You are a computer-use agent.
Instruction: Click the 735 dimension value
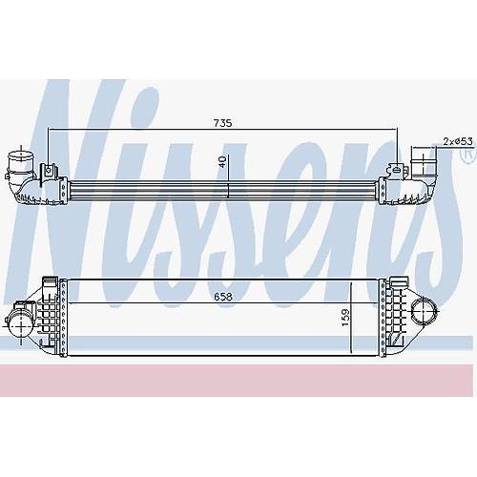coord(222,123)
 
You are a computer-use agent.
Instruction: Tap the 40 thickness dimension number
coord(222,161)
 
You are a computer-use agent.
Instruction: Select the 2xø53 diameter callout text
coord(458,141)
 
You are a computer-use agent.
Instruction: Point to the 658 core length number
coord(223,297)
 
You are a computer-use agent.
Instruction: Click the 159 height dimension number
coord(345,318)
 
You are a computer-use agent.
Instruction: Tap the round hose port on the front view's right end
coord(424,312)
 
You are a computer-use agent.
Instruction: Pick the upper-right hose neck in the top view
coord(422,162)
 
